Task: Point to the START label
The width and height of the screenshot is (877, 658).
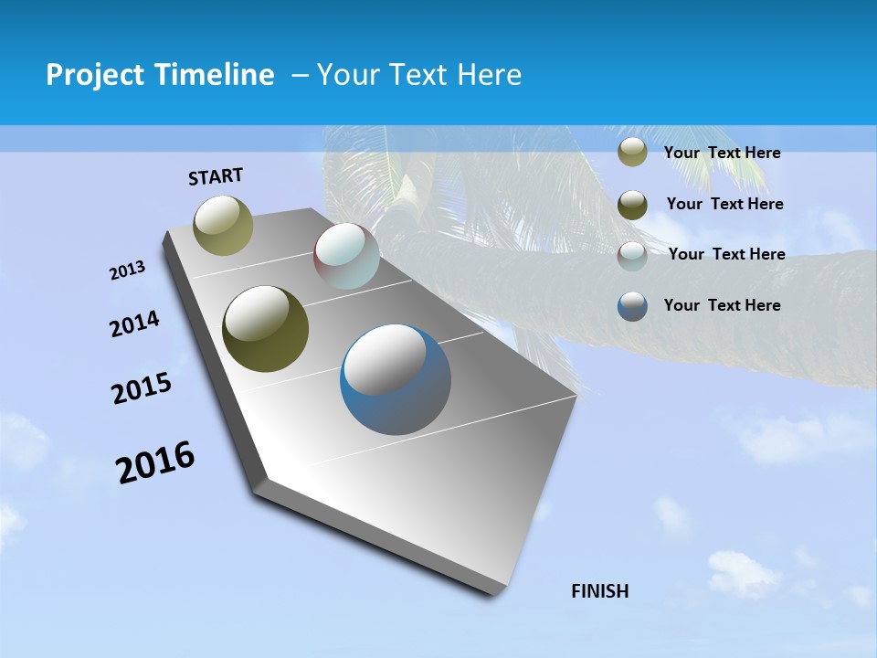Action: tap(216, 176)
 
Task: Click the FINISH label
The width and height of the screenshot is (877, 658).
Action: tap(600, 591)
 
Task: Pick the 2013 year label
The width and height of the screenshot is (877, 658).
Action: tap(128, 271)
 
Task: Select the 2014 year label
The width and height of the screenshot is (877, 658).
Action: tap(135, 324)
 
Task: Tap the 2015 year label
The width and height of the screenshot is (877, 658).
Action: tap(142, 388)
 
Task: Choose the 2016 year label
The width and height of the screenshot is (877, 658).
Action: tap(155, 462)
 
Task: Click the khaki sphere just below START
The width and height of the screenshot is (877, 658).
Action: tap(223, 225)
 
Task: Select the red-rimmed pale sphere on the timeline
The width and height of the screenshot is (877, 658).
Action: tap(346, 256)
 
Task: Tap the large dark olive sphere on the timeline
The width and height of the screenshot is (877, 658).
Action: tap(265, 329)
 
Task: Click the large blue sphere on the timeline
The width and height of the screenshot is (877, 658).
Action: tap(395, 378)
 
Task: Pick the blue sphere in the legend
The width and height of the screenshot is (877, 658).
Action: tap(632, 306)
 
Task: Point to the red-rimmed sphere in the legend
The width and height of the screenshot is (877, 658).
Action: tap(632, 256)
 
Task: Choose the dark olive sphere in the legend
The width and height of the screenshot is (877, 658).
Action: tap(632, 205)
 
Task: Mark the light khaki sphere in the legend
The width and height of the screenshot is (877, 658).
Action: tap(632, 153)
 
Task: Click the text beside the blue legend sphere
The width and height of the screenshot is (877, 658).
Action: tap(723, 305)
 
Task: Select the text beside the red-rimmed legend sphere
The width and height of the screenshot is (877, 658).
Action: tap(726, 254)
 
